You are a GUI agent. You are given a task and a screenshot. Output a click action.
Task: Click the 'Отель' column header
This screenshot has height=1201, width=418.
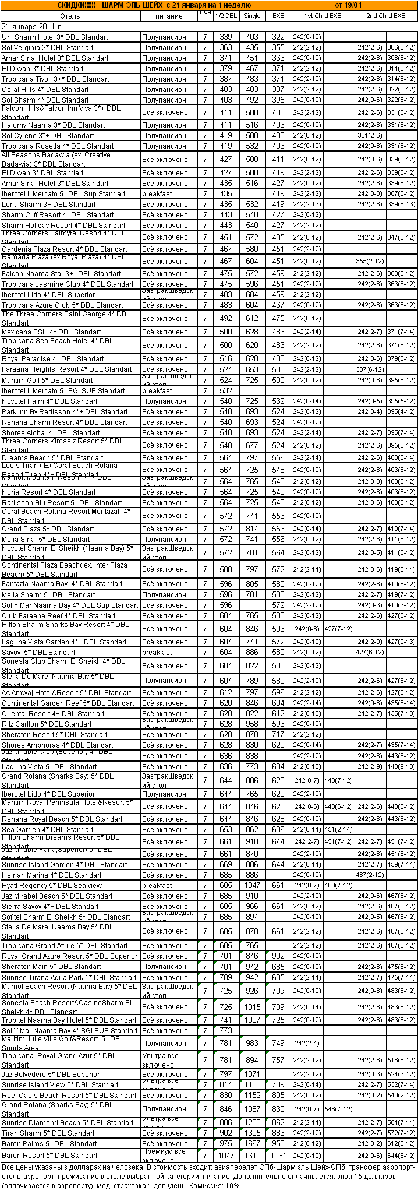click(70, 16)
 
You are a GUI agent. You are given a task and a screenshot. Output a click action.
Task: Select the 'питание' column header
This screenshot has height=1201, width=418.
click(169, 16)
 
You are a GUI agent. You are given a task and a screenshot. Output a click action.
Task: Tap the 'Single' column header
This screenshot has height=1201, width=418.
click(252, 16)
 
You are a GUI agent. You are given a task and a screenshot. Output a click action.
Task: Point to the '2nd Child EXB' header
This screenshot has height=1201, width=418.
click(386, 16)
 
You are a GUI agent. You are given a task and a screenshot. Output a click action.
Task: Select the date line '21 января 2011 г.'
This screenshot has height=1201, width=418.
click(32, 27)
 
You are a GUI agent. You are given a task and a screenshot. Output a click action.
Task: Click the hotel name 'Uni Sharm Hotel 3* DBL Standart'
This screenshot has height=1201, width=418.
click(55, 37)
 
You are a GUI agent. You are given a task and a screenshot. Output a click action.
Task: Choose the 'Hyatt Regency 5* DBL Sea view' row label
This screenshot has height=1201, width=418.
click(52, 886)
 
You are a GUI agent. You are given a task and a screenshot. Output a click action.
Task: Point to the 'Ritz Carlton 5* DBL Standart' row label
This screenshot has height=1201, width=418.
click(47, 724)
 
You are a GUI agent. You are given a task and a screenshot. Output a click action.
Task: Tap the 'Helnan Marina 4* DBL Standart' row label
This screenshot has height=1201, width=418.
click(52, 875)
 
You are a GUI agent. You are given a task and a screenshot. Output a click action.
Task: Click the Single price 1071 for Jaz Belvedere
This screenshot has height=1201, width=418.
click(252, 1075)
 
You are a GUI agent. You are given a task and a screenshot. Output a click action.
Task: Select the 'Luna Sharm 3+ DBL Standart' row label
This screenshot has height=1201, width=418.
click(49, 205)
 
